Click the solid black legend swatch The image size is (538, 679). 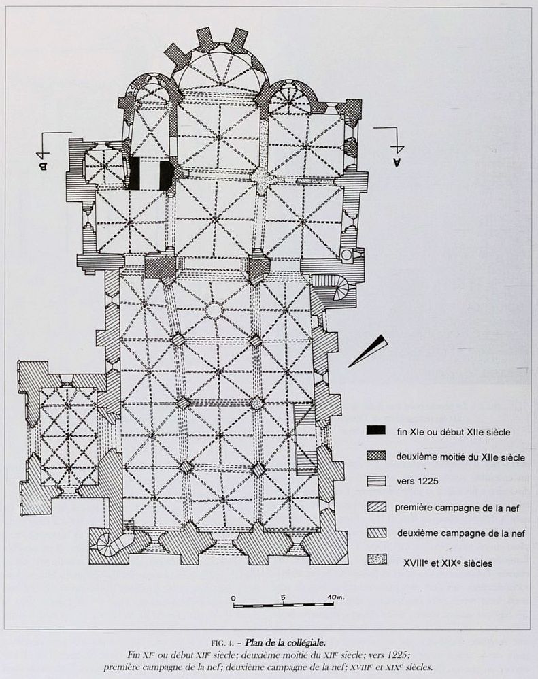pyautogui.click(x=375, y=429)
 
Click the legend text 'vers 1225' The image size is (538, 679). pyautogui.click(x=417, y=481)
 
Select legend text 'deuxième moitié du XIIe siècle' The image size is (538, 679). pyautogui.click(x=460, y=457)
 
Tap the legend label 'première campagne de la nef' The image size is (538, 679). pyautogui.click(x=456, y=508)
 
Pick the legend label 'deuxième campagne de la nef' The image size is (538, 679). pyautogui.click(x=461, y=533)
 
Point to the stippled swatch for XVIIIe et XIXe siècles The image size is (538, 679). pyautogui.click(x=377, y=559)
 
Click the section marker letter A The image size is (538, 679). pyautogui.click(x=397, y=162)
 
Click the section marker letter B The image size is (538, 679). pyautogui.click(x=43, y=165)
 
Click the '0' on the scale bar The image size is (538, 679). pyautogui.click(x=234, y=599)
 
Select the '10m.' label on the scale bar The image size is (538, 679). pyautogui.click(x=335, y=597)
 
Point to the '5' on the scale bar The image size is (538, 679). pyautogui.click(x=283, y=597)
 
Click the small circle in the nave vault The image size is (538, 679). pyautogui.click(x=213, y=310)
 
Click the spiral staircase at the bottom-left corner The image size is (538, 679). pyautogui.click(x=106, y=542)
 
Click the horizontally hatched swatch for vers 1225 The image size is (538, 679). pyautogui.click(x=376, y=481)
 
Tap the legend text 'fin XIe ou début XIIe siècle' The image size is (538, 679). pyautogui.click(x=454, y=432)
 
